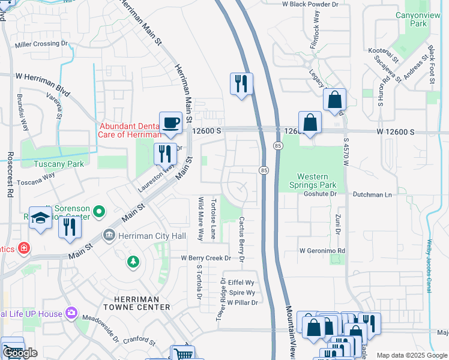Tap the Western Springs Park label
(x=313, y=181)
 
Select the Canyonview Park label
(x=411, y=19)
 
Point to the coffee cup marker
(x=170, y=123)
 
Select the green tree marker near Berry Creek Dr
(x=133, y=262)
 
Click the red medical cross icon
(x=23, y=248)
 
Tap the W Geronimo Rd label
(x=322, y=251)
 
